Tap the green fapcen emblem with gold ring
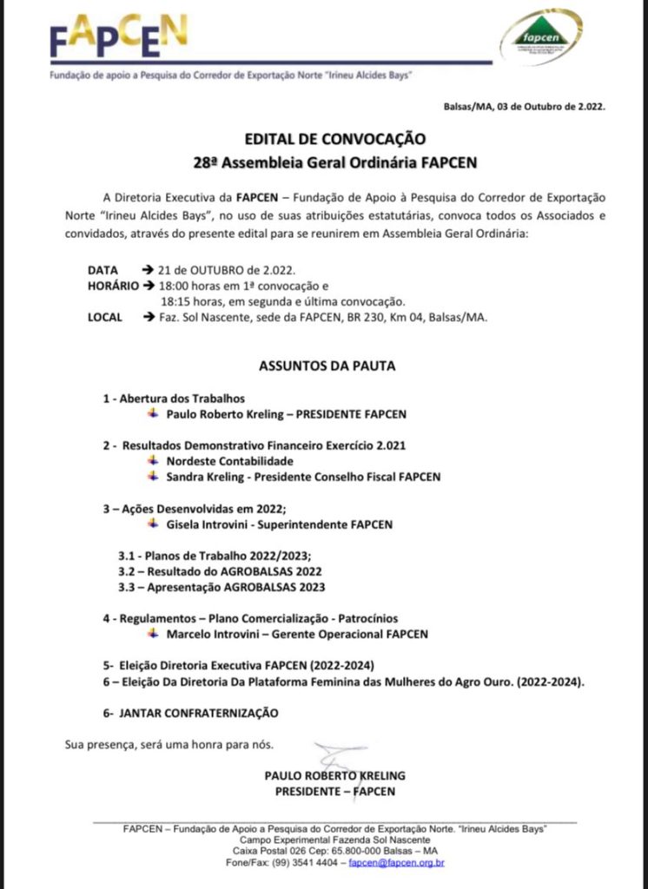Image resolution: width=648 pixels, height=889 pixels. (x=541, y=37)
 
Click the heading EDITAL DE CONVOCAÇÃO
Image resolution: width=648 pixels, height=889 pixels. (x=323, y=138)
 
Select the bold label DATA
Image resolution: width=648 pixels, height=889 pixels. (x=102, y=270)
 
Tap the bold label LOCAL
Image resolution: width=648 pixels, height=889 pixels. (x=105, y=317)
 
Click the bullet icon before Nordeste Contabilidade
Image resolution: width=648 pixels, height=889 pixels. (x=153, y=460)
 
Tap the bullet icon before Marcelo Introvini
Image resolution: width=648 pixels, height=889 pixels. (x=153, y=634)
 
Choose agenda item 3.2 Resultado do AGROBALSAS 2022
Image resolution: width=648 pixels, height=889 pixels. (x=220, y=571)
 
